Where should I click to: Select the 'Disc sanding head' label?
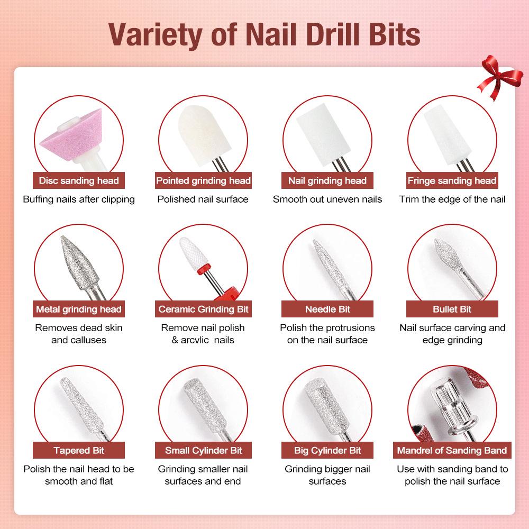[x=78, y=181]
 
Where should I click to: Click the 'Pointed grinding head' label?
[x=203, y=181]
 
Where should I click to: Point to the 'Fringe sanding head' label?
[x=452, y=181]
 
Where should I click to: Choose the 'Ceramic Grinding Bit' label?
[x=203, y=309]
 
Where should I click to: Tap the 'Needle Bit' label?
[x=327, y=309]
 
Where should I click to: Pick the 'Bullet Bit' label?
[x=452, y=309]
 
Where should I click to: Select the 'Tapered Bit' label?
[x=78, y=451]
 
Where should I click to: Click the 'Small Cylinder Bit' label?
[x=203, y=451]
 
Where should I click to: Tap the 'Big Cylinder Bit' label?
[x=327, y=451]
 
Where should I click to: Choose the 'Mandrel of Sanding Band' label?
[x=452, y=451]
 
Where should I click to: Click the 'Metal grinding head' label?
[x=78, y=309]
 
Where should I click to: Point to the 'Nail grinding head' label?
[x=327, y=181]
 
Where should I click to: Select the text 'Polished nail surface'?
[x=203, y=199]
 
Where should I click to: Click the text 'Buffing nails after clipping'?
[x=78, y=199]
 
